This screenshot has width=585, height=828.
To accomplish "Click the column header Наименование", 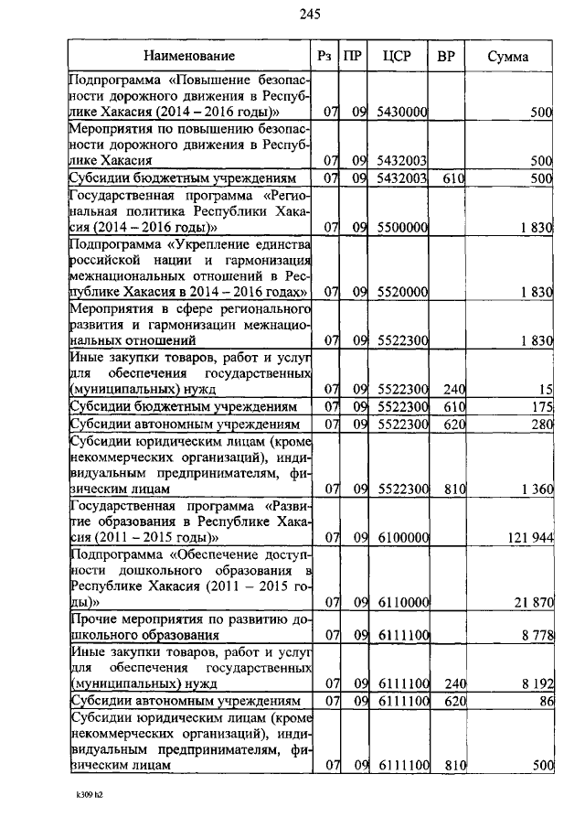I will pos(188,57).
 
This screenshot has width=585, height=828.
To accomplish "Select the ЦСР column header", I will pos(398,57).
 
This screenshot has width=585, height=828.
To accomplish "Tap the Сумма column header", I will pos(507,57).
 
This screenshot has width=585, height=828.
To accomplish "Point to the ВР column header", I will pos(446,57).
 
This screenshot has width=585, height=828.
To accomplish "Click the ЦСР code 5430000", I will pos(403,112).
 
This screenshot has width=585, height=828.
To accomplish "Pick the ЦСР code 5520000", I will pos(403,292).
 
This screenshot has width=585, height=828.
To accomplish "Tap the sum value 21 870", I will pos(532,602).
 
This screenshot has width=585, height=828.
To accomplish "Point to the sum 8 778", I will pos(536,636).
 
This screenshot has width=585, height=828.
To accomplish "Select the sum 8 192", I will pos(536,683).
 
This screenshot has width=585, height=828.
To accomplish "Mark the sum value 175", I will pos(542,407).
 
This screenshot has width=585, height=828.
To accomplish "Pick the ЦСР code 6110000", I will pos(403,602).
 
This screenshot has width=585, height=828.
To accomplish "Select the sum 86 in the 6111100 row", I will pos(545,701).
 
